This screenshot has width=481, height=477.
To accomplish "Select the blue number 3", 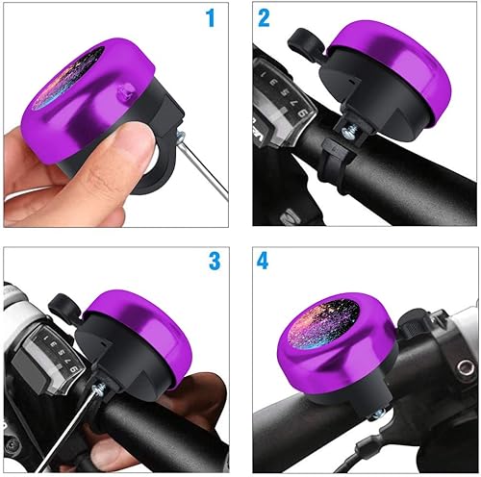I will click(x=214, y=261).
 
